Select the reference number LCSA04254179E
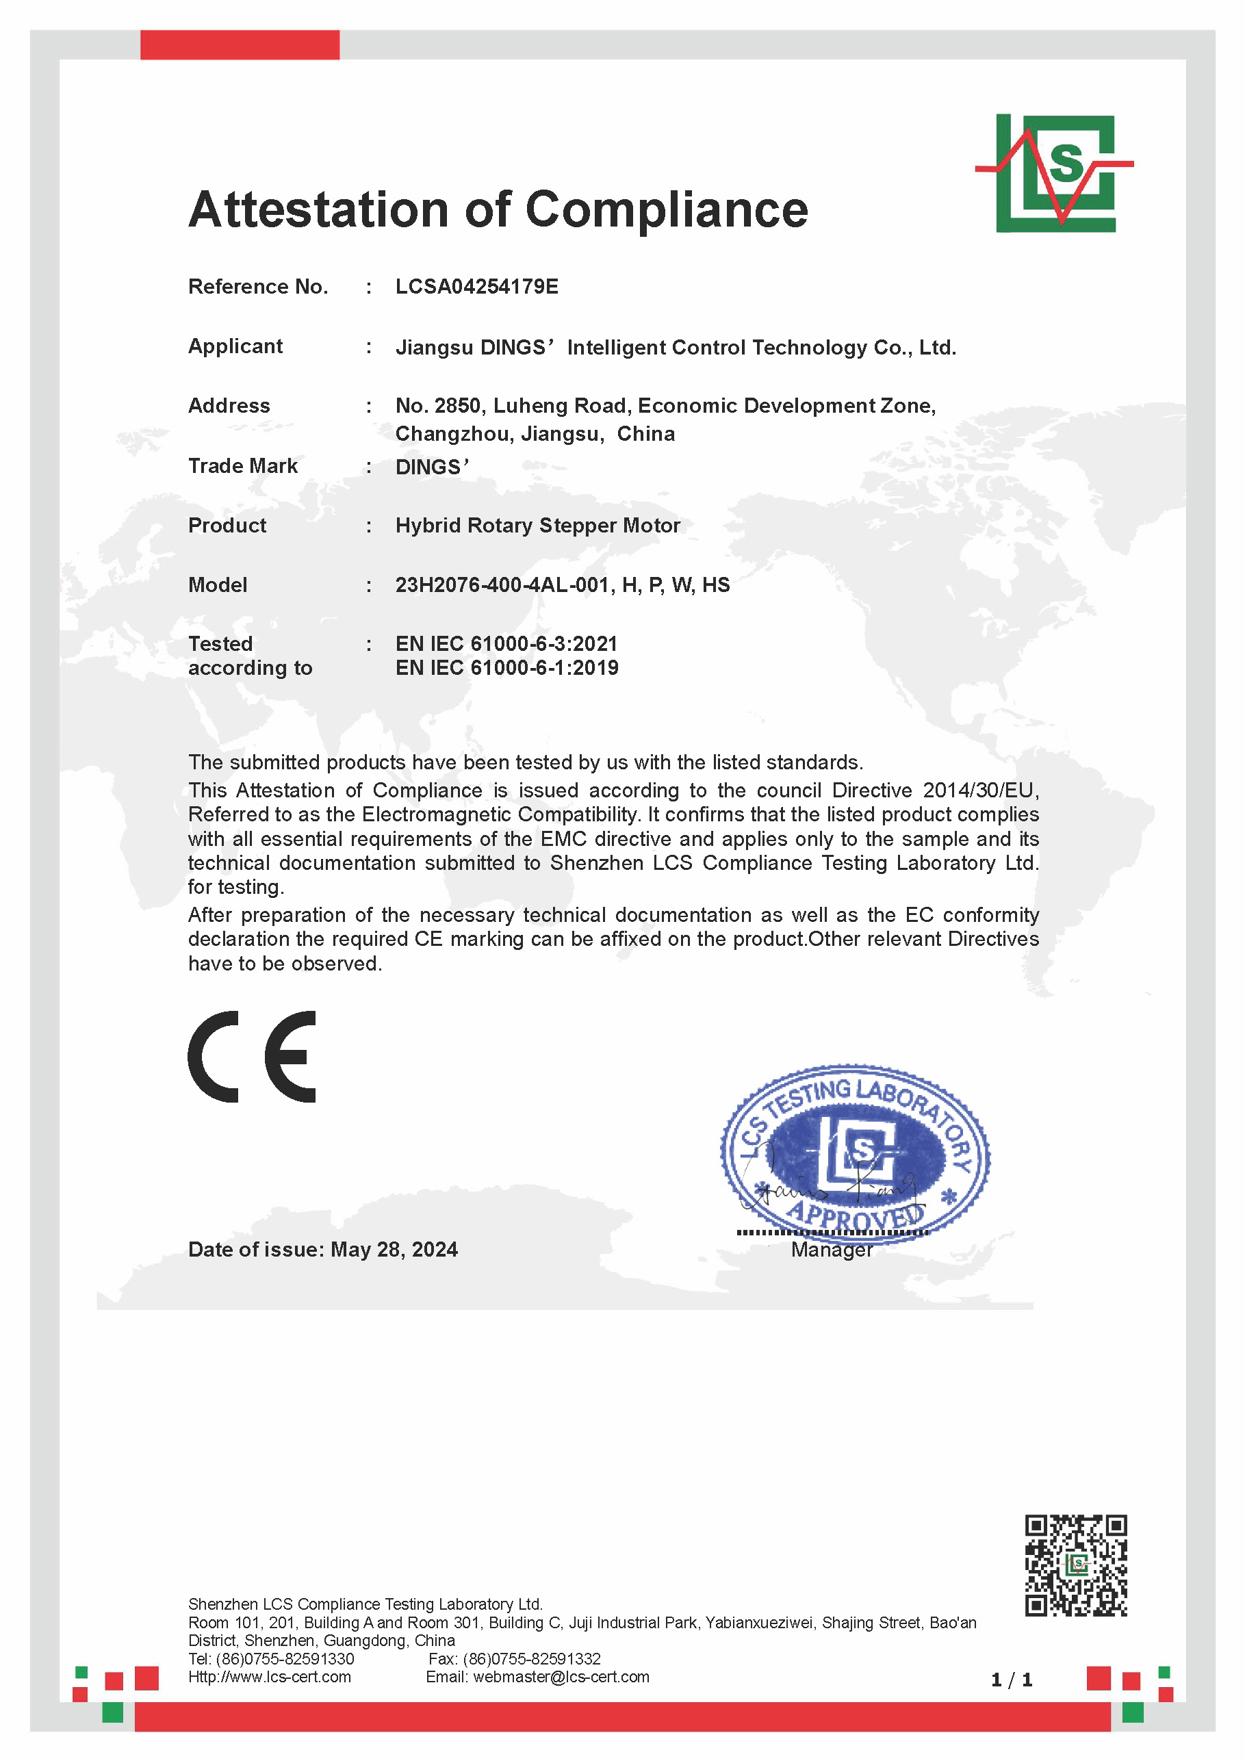click(x=476, y=286)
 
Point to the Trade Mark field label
click(x=242, y=465)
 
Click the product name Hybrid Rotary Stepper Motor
click(x=538, y=526)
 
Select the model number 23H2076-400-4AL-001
click(x=504, y=585)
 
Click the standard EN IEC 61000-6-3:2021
click(x=506, y=643)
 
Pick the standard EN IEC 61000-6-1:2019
click(x=506, y=668)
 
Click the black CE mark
click(x=252, y=1057)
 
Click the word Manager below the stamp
click(x=832, y=1250)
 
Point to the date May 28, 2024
click(x=394, y=1250)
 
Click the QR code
click(x=1075, y=1565)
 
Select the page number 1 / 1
click(x=1011, y=1680)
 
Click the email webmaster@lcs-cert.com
click(x=561, y=1677)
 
